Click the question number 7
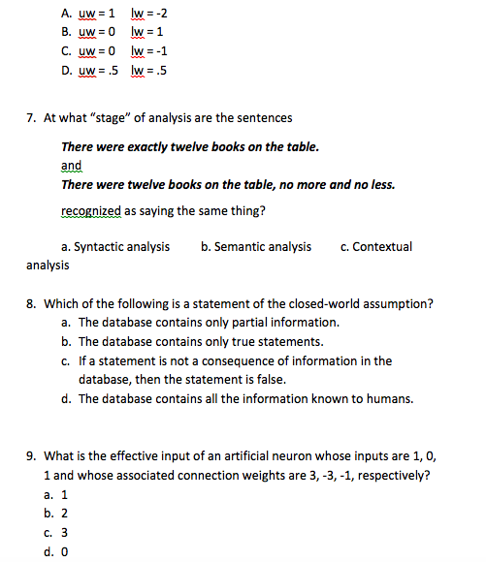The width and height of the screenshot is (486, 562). point(31,118)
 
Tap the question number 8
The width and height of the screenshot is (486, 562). point(31,303)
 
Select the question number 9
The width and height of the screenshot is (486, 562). point(31,457)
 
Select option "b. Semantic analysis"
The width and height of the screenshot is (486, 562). point(256,246)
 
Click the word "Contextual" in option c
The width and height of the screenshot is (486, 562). point(382,246)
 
